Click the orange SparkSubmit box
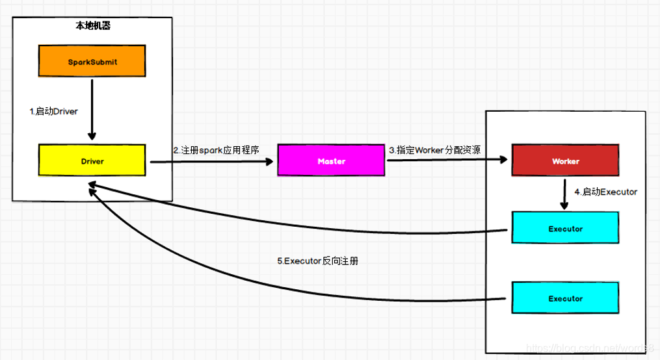click(90, 62)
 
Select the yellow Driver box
click(91, 160)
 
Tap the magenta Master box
click(331, 161)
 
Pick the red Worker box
click(564, 161)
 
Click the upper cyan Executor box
click(564, 229)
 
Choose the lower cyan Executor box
click(564, 298)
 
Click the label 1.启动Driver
click(54, 111)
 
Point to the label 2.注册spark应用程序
click(216, 150)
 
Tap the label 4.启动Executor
click(605, 192)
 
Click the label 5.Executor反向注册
click(317, 261)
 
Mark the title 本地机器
click(92, 27)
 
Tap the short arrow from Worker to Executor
click(564, 194)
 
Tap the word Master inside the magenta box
click(331, 161)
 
